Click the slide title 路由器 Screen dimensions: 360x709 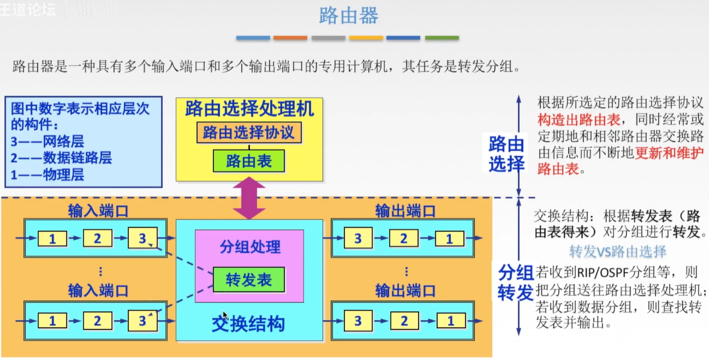pyautogui.click(x=349, y=16)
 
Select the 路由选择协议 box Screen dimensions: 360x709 pyautogui.click(x=249, y=132)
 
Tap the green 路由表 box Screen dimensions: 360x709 pyautogui.click(x=249, y=161)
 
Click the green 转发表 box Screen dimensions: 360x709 pyautogui.click(x=249, y=280)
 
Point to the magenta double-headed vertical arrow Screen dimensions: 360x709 pyautogui.click(x=249, y=198)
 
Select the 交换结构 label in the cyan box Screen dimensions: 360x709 pyautogui.click(x=248, y=324)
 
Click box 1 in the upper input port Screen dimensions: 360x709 pyautogui.click(x=52, y=239)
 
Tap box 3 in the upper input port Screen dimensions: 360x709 pyautogui.click(x=142, y=239)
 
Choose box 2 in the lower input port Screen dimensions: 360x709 pyautogui.click(x=97, y=321)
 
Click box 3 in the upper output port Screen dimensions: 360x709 pyautogui.click(x=358, y=239)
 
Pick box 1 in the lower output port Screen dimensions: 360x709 pyautogui.click(x=450, y=321)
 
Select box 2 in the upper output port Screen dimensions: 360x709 pyautogui.click(x=404, y=239)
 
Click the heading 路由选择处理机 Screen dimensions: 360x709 pyautogui.click(x=249, y=109)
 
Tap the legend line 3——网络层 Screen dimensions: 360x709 pyautogui.click(x=48, y=141)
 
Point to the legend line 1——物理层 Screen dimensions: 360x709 pyautogui.click(x=48, y=175)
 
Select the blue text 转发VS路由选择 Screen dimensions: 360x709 pyautogui.click(x=618, y=251)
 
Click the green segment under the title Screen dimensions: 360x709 pyautogui.click(x=442, y=38)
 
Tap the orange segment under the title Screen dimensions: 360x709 pyautogui.click(x=291, y=38)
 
